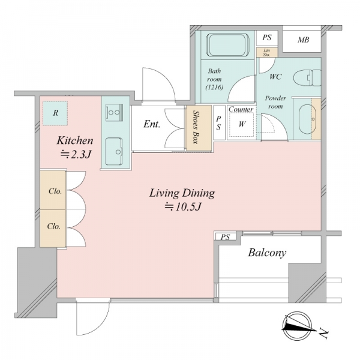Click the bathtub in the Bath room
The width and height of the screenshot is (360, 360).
(227, 45)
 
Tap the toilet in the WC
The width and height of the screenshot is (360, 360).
(307, 78)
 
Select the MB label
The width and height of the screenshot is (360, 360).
(303, 40)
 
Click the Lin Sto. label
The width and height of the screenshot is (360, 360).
(266, 53)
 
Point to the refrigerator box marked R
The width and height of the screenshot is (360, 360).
(55, 113)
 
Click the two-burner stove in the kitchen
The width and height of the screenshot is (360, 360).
(114, 112)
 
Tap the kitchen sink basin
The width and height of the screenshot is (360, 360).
(114, 151)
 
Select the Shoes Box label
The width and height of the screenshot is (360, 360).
(196, 127)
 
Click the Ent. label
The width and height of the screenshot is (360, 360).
(152, 124)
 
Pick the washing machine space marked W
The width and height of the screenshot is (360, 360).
(242, 124)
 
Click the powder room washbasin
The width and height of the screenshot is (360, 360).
(307, 119)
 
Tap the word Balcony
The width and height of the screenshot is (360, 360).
(267, 253)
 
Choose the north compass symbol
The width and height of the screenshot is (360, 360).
(298, 326)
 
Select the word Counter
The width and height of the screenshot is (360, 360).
(241, 109)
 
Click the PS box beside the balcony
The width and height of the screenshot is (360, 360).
(225, 236)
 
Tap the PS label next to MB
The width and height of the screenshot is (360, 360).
(267, 37)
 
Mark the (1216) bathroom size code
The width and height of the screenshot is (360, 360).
(214, 88)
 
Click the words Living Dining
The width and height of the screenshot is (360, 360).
(182, 193)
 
